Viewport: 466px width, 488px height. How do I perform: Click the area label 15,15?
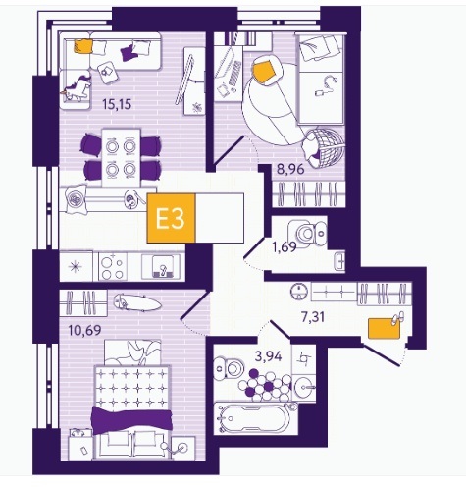point(117,104)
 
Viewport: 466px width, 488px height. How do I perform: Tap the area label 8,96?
point(290,169)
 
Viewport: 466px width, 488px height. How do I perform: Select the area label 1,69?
point(285,246)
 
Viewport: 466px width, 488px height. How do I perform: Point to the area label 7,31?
point(313,317)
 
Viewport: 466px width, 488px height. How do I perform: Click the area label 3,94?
point(268,356)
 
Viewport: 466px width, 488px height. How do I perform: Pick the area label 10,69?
point(85,330)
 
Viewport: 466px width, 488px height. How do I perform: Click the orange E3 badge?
point(171,218)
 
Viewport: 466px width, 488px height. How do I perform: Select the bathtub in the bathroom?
point(254,418)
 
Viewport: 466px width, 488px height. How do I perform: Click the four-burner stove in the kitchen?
point(112,267)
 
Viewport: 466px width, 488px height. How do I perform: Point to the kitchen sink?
point(161,266)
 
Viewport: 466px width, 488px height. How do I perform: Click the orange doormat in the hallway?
point(385,328)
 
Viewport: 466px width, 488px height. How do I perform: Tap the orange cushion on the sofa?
point(82,46)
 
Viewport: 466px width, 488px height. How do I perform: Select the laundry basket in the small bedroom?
point(323,144)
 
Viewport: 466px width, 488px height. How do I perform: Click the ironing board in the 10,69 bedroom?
point(137,302)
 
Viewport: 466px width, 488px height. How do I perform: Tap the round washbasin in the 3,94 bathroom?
point(304,387)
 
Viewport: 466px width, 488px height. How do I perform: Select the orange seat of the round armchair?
point(264,71)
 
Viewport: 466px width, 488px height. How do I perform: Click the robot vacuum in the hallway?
point(299,291)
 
